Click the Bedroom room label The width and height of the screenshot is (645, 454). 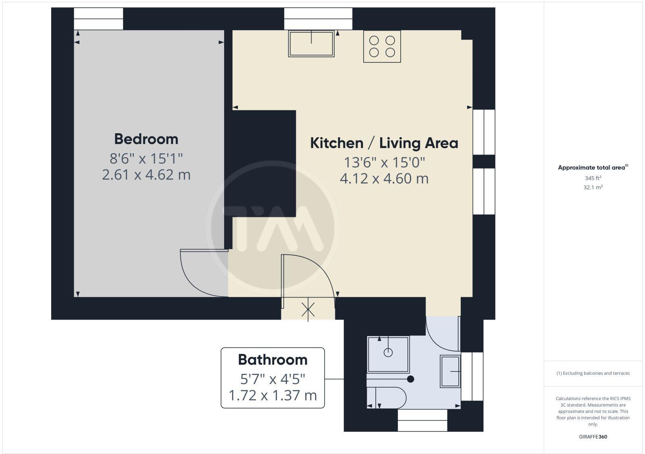pyautogui.click(x=146, y=139)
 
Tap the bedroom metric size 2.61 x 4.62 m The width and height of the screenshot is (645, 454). pyautogui.click(x=146, y=175)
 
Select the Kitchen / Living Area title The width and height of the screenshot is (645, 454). pyautogui.click(x=384, y=143)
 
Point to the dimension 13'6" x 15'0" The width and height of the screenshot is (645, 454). pyautogui.click(x=384, y=163)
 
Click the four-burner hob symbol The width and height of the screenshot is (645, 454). pyautogui.click(x=382, y=46)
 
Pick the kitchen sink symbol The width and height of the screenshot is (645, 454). pyautogui.click(x=311, y=43)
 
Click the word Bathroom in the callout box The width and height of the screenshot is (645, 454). pyautogui.click(x=273, y=359)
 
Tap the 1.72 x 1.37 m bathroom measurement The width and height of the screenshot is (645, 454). pyautogui.click(x=273, y=395)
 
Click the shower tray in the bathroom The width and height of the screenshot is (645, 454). pyautogui.click(x=388, y=354)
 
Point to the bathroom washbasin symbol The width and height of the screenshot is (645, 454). pyautogui.click(x=450, y=371)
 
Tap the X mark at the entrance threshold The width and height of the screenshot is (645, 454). pyautogui.click(x=308, y=310)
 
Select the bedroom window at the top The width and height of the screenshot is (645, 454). pyautogui.click(x=98, y=19)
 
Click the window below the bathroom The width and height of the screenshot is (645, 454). pyautogui.click(x=422, y=420)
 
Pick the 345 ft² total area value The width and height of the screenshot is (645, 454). pyautogui.click(x=593, y=178)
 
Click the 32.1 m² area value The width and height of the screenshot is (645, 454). pyautogui.click(x=593, y=187)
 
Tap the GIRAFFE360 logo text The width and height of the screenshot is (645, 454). pyautogui.click(x=593, y=437)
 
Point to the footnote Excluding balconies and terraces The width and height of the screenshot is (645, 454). pyautogui.click(x=593, y=373)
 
